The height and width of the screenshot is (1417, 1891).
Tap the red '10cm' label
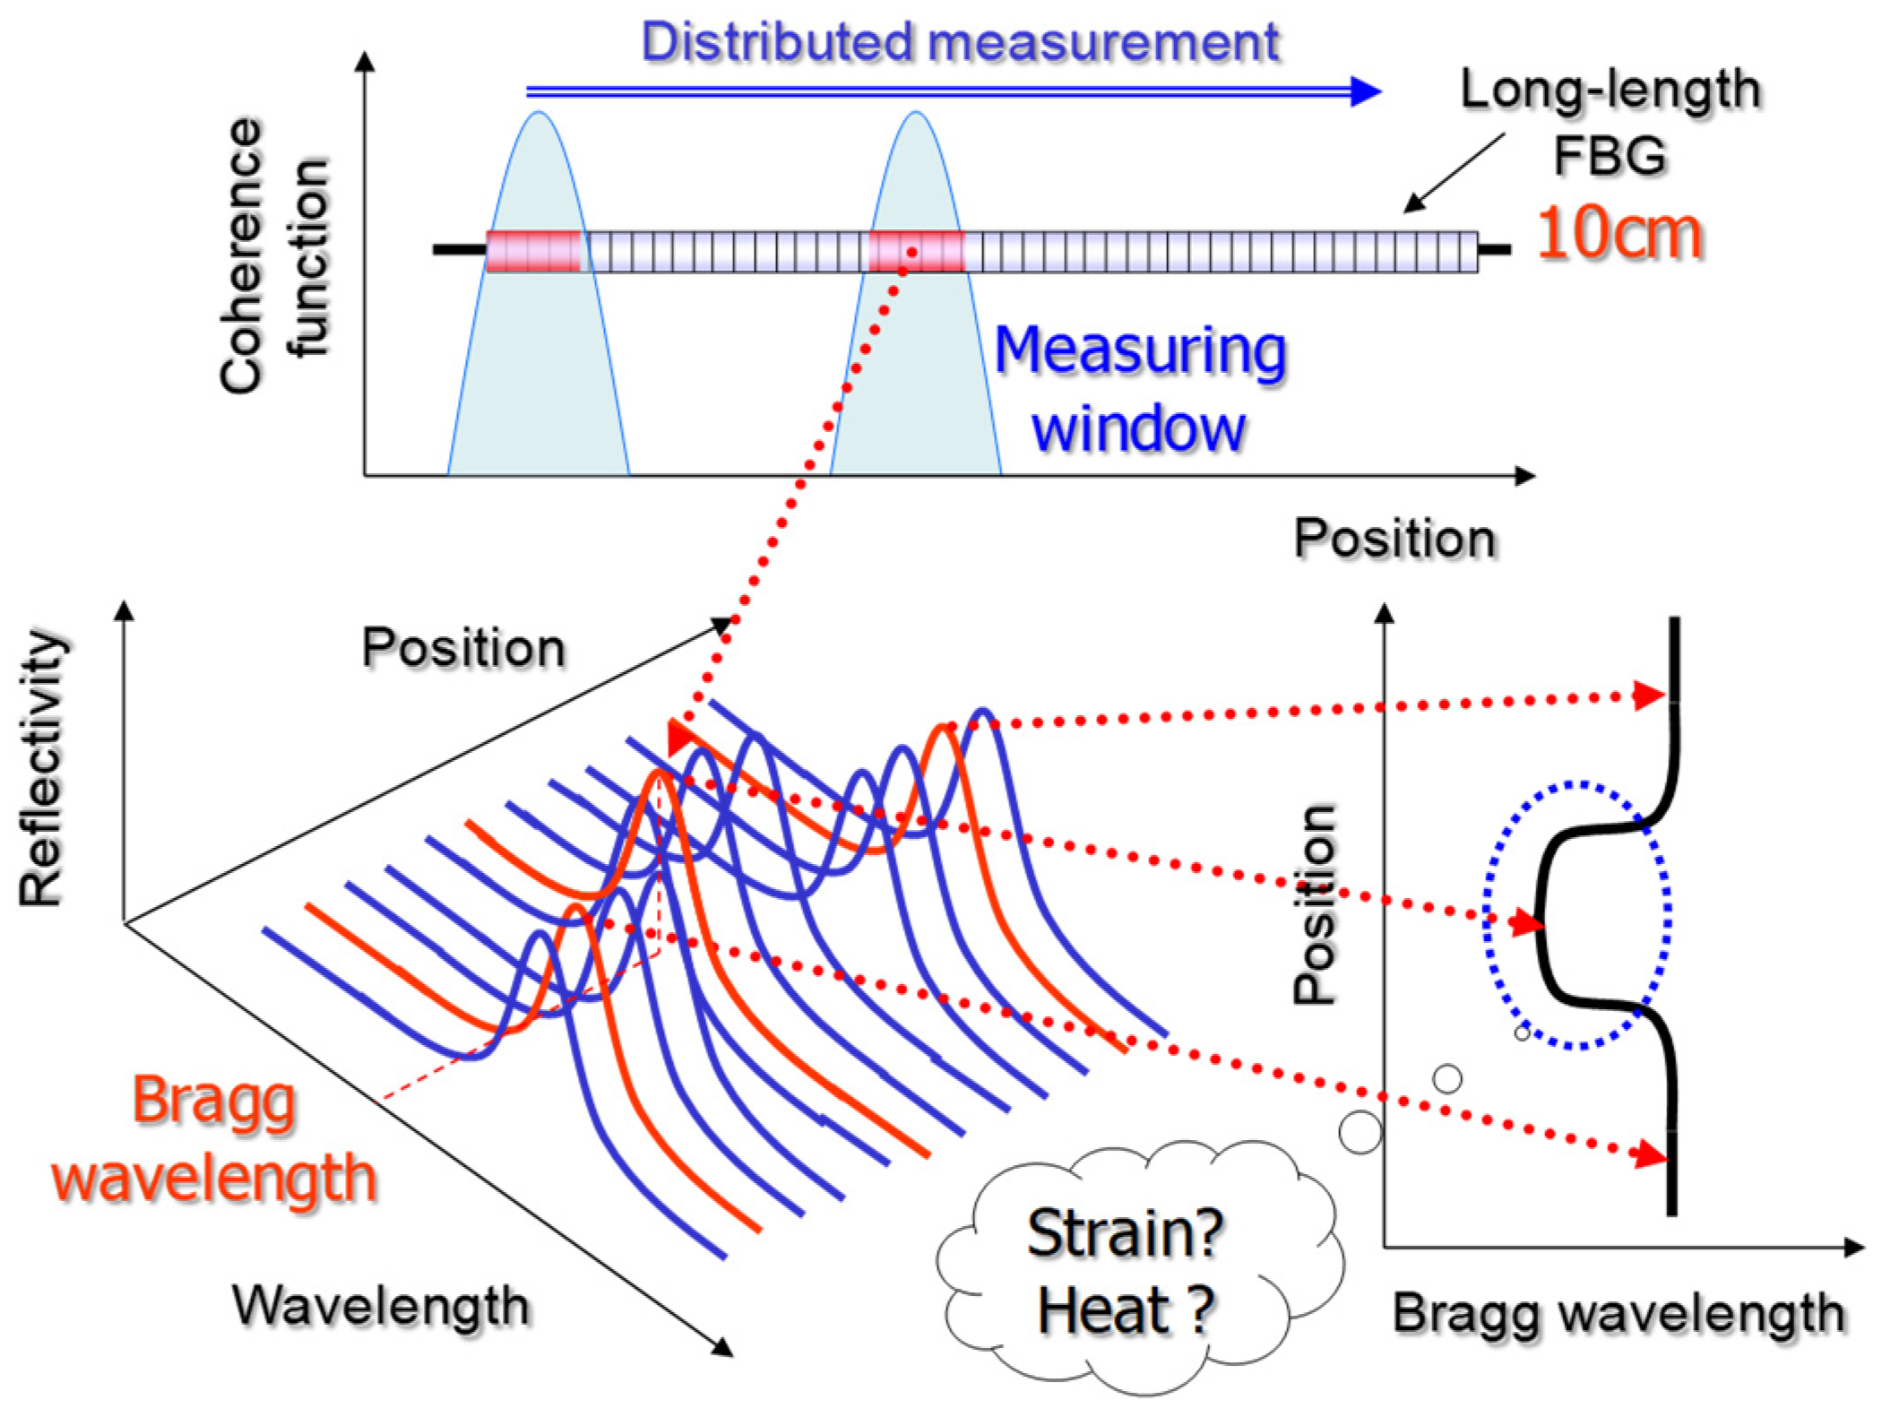coord(1619,235)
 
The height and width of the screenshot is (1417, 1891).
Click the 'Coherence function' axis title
coord(273,256)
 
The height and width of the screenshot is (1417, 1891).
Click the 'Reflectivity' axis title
coord(42,768)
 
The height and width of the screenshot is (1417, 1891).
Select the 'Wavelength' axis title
coord(381,1305)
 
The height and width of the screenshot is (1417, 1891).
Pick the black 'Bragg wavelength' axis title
coord(1619,1313)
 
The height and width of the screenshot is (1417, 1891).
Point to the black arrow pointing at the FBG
coord(1454,173)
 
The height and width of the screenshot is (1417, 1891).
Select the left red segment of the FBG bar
coord(533,251)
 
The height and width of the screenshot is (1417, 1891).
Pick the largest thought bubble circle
coord(1360,1132)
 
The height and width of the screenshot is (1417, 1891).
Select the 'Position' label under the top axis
coord(1395,539)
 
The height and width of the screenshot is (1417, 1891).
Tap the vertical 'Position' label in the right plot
coord(1316,903)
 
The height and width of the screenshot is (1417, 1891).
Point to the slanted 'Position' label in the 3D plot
coord(463,647)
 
